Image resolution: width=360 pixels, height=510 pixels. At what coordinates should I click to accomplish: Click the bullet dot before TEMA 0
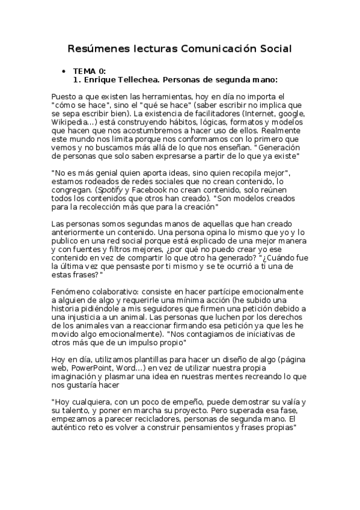pyautogui.click(x=64, y=71)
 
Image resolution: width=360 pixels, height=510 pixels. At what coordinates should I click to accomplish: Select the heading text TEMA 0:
pyautogui.click(x=90, y=71)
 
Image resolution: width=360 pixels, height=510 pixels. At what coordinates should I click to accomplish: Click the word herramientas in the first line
pyautogui.click(x=169, y=96)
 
